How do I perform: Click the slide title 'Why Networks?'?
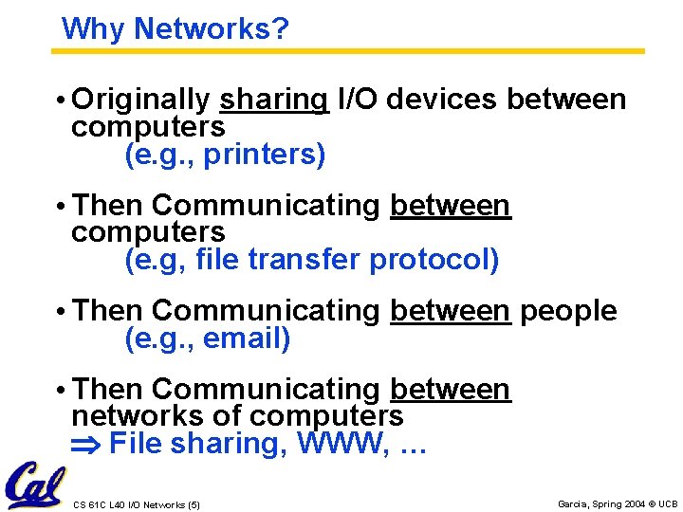pyautogui.click(x=175, y=29)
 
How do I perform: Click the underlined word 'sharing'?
pyautogui.click(x=273, y=100)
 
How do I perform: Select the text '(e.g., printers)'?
pyautogui.click(x=226, y=155)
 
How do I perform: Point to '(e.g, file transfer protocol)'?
pyautogui.click(x=312, y=260)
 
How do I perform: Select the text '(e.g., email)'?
pyautogui.click(x=208, y=338)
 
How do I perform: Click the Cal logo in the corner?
pyautogui.click(x=33, y=485)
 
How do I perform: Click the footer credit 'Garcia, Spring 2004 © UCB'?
pyautogui.click(x=618, y=503)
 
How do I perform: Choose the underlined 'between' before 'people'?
pyautogui.click(x=450, y=311)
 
